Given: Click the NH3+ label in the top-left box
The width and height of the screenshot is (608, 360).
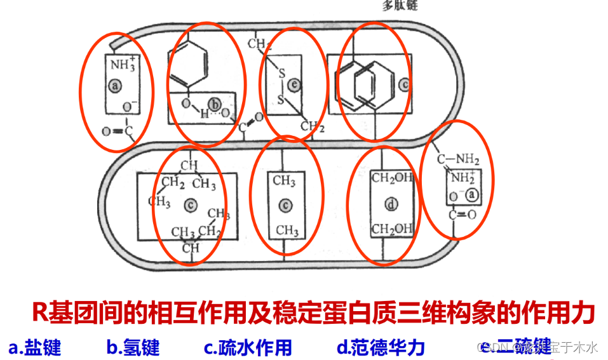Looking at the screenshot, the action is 123,63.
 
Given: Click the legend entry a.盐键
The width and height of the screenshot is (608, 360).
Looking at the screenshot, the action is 35,347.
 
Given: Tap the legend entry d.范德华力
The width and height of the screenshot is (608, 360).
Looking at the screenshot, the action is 381,347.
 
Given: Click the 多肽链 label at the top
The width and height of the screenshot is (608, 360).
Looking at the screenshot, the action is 400,6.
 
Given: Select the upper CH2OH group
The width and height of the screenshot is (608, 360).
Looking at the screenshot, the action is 391,178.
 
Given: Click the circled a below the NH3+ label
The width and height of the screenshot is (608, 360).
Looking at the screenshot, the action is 114,85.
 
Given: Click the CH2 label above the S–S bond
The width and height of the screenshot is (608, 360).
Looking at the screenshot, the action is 259,44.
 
